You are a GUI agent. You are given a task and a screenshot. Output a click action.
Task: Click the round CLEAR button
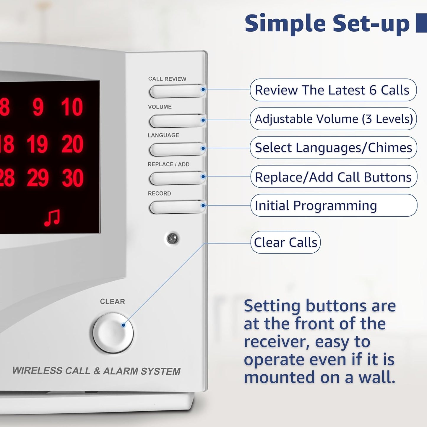[x=113, y=333]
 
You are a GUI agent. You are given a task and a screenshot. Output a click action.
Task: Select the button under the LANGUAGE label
[x=177, y=149]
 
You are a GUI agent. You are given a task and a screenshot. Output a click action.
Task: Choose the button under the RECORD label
[x=177, y=207]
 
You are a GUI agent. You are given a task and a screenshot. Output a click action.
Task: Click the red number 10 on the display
[x=72, y=107]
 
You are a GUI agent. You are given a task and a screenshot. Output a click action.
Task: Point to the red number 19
[x=37, y=144]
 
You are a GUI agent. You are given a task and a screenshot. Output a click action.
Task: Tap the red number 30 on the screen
[x=73, y=178]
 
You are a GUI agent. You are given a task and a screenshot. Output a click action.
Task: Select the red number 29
[x=38, y=178]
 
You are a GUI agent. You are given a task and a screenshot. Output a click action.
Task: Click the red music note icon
[x=52, y=218]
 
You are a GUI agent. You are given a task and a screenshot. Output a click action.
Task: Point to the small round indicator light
[x=172, y=238]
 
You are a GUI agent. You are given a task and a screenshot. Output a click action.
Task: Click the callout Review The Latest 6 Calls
[x=333, y=90]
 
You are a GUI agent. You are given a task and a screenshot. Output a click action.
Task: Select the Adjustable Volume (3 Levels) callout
[x=333, y=119]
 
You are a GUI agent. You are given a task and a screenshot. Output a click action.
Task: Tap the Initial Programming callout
[x=334, y=205]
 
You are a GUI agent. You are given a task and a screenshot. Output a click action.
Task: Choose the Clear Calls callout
[x=285, y=242]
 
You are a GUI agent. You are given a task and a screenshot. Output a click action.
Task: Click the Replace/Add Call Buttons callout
[x=334, y=177]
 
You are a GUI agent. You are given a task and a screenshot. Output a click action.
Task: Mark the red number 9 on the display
[x=38, y=107]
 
